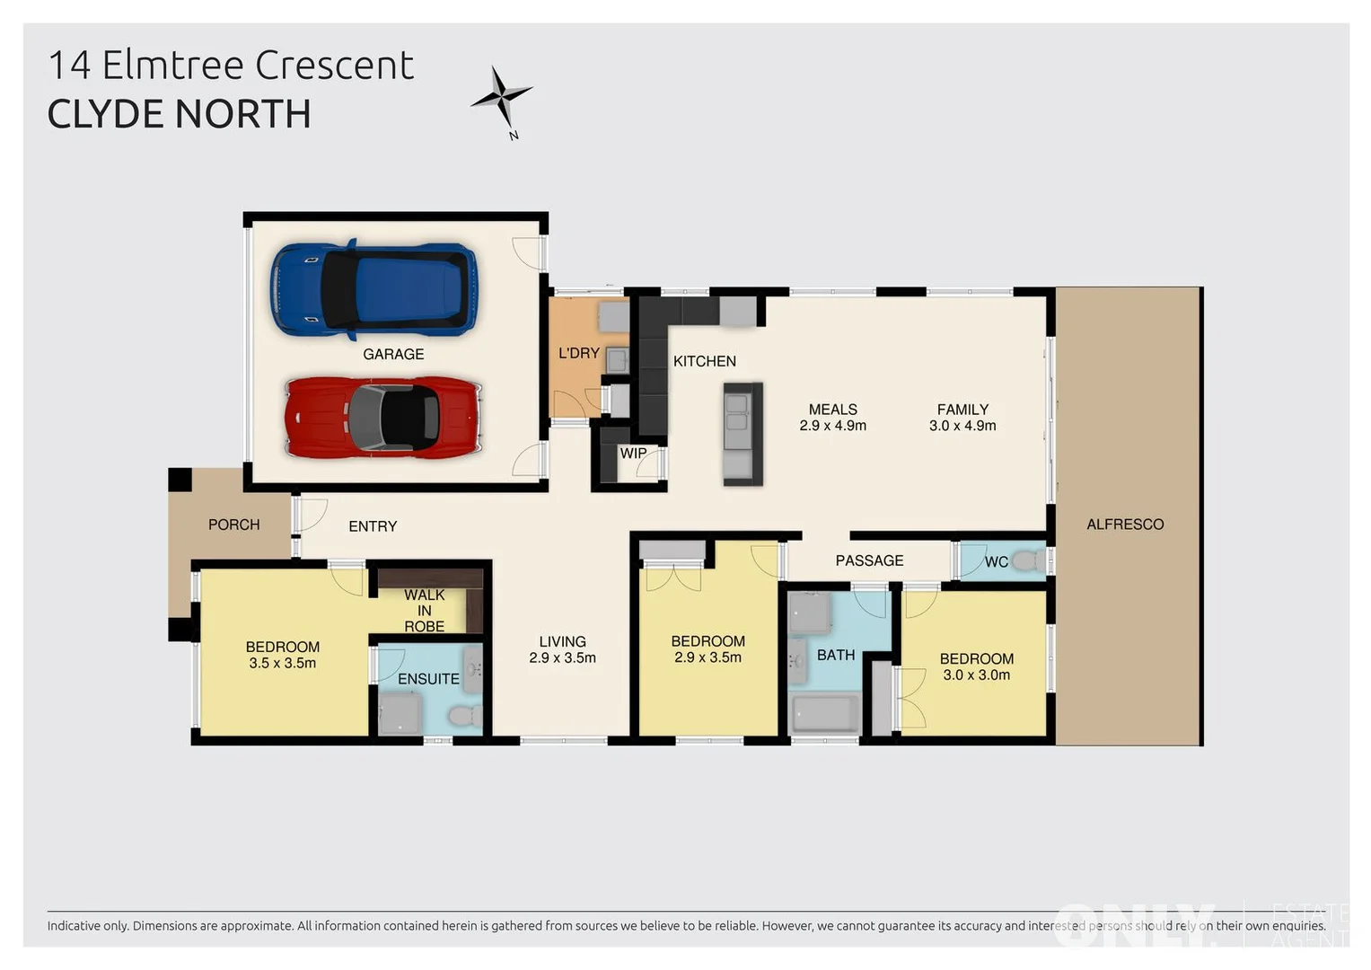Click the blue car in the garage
pyautogui.click(x=374, y=289)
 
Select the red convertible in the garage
pyautogui.click(x=383, y=418)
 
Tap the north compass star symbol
pyautogui.click(x=502, y=96)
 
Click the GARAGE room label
pyautogui.click(x=393, y=355)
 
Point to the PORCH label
pyautogui.click(x=233, y=525)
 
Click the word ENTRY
pyautogui.click(x=373, y=526)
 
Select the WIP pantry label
pyautogui.click(x=633, y=454)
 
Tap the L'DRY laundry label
pyautogui.click(x=578, y=354)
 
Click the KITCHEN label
pyautogui.click(x=705, y=361)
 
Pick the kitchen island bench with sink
pyautogui.click(x=743, y=434)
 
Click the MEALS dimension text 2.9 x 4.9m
pyautogui.click(x=832, y=426)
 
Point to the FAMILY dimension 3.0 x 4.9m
pyautogui.click(x=962, y=426)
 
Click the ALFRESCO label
pyautogui.click(x=1125, y=525)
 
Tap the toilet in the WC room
pyautogui.click(x=1029, y=562)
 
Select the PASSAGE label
pyautogui.click(x=869, y=561)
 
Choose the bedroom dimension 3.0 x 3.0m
pyautogui.click(x=976, y=675)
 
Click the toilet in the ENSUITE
pyautogui.click(x=463, y=717)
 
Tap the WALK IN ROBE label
pyautogui.click(x=424, y=611)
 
